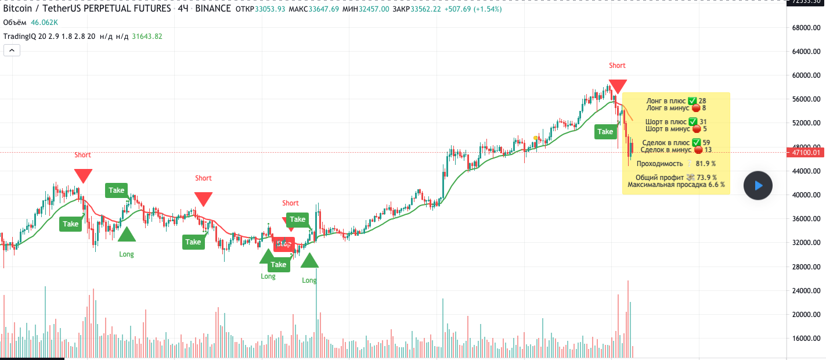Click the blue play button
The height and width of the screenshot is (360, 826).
coord(758,186)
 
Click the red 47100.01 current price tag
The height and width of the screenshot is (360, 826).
coord(804,153)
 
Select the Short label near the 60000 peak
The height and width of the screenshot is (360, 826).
coord(617,66)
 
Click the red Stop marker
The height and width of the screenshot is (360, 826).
coord(284,244)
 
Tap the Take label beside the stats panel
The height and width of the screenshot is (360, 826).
coord(605,132)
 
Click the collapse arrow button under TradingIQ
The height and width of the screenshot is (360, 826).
coord(12,51)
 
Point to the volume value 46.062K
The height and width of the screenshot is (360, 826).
coord(45,23)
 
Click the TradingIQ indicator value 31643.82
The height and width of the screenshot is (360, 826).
coord(147,36)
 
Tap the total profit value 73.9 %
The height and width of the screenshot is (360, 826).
coord(706,178)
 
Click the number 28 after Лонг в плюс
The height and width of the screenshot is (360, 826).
coord(702,101)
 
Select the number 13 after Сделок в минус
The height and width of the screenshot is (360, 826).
coord(708,150)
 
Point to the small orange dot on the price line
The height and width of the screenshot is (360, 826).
coord(535,138)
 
